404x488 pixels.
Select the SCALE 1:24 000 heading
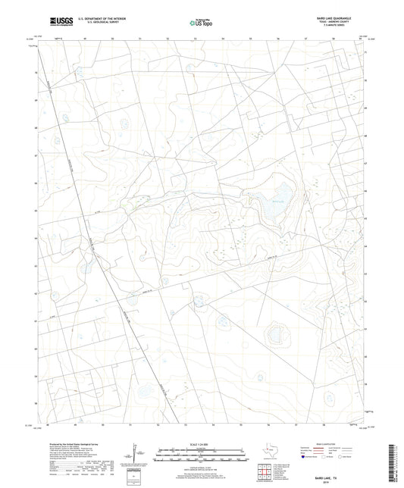pyautogui.click(x=201, y=443)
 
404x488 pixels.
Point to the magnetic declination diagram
pyautogui.click(x=135, y=453)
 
